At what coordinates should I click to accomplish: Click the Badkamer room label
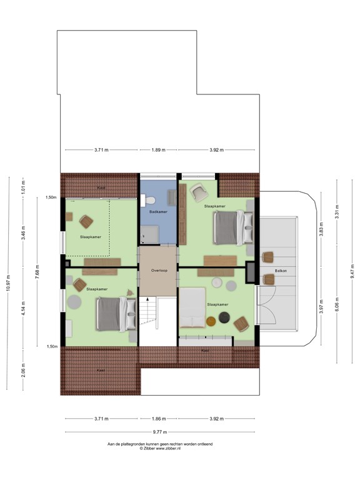158,212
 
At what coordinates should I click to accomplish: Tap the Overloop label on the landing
158,271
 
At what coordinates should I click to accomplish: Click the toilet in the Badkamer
148,200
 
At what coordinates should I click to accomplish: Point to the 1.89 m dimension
159,150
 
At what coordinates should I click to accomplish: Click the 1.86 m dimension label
159,419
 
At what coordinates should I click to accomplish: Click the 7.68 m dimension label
38,272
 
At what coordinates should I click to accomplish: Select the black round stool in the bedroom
211,321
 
